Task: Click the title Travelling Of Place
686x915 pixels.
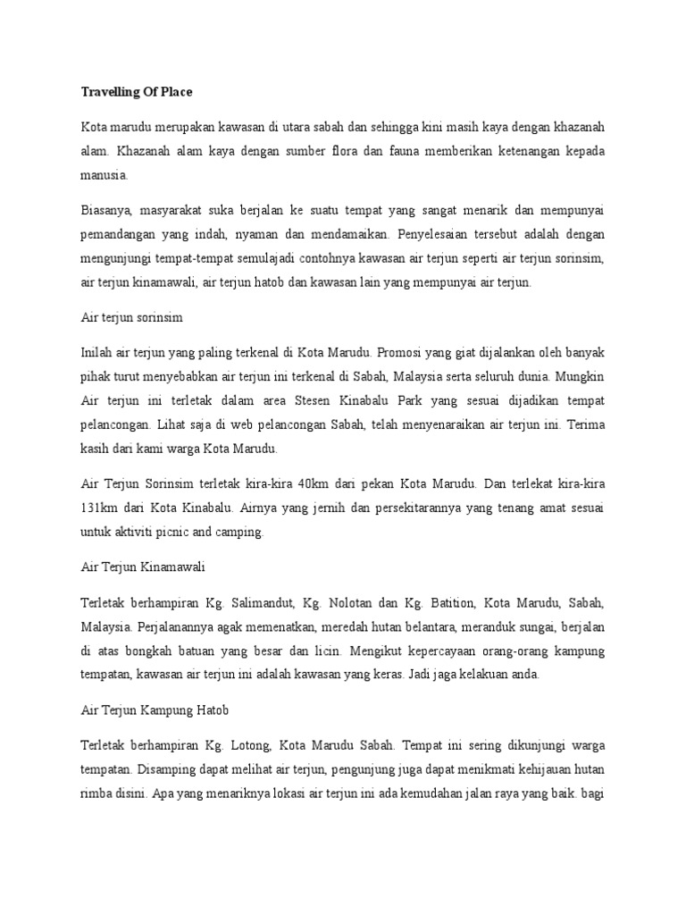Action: (x=137, y=92)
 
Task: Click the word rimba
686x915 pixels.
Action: (x=99, y=792)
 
